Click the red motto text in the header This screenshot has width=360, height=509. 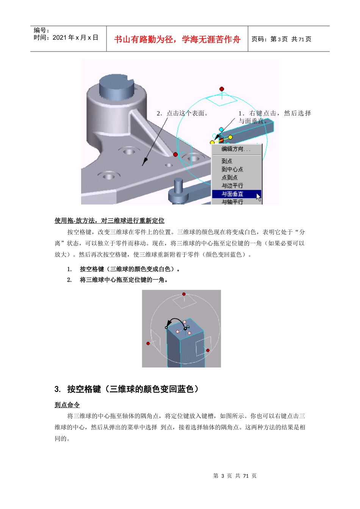click(x=177, y=39)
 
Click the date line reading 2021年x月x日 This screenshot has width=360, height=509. click(x=66, y=37)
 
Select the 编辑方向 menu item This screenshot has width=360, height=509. click(x=236, y=149)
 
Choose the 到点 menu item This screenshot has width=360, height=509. click(x=227, y=161)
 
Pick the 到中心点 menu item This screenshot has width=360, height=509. click(x=232, y=169)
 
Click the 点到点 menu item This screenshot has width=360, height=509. click(x=230, y=177)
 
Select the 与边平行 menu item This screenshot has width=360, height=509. click(x=232, y=186)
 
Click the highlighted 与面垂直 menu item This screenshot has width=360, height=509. click(x=232, y=194)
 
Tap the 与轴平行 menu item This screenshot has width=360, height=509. click(x=232, y=202)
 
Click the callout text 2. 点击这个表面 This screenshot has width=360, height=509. click(x=182, y=113)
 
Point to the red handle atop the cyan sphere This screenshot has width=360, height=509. click(x=222, y=89)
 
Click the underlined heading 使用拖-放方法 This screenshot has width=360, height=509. click(x=110, y=221)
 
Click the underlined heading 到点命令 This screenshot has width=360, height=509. click(x=67, y=405)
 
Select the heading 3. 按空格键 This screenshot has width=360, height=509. click(x=127, y=389)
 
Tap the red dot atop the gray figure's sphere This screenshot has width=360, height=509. click(x=184, y=294)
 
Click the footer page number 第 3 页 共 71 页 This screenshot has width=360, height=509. click(x=235, y=476)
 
